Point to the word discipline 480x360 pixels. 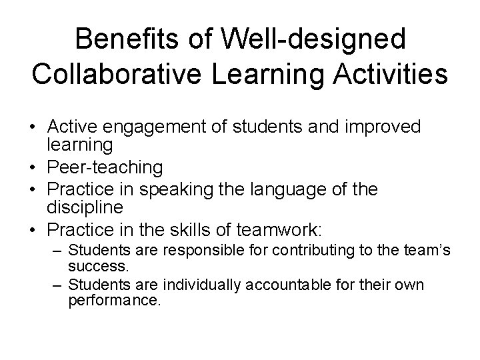point(85,207)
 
